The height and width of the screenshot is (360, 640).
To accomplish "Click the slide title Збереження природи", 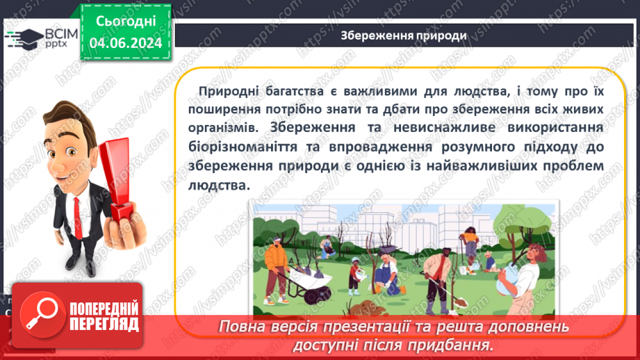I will [x=403, y=35].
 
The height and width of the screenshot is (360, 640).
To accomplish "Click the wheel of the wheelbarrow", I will [x=319, y=295].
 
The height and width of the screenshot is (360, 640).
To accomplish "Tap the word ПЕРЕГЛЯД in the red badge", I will [x=104, y=323].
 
